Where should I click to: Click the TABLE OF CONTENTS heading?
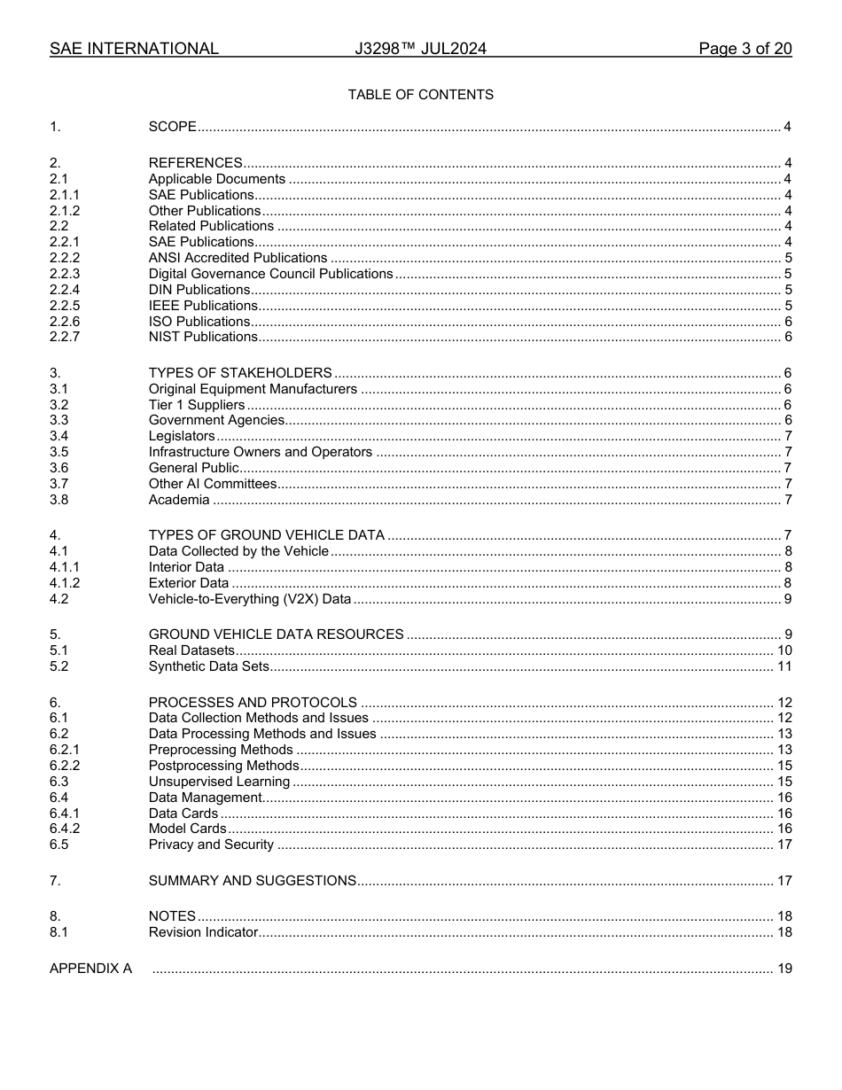click(420, 95)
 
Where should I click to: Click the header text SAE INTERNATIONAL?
click(134, 49)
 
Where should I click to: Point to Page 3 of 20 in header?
click(745, 49)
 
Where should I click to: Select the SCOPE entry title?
click(172, 127)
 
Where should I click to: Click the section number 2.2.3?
click(65, 274)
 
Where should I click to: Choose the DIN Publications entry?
click(199, 290)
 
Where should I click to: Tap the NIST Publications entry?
click(203, 337)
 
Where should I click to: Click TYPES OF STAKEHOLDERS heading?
click(240, 373)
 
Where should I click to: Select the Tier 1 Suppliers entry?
click(197, 405)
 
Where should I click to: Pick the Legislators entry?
click(182, 436)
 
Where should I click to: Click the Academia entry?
click(179, 500)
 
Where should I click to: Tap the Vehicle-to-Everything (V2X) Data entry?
click(250, 599)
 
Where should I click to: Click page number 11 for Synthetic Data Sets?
click(784, 666)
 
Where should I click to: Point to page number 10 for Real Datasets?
click(784, 650)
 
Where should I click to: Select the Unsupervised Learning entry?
click(219, 782)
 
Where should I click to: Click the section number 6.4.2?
click(65, 829)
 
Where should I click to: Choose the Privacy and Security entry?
click(211, 845)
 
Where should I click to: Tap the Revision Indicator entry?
click(203, 932)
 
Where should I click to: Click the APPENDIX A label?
click(90, 969)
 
